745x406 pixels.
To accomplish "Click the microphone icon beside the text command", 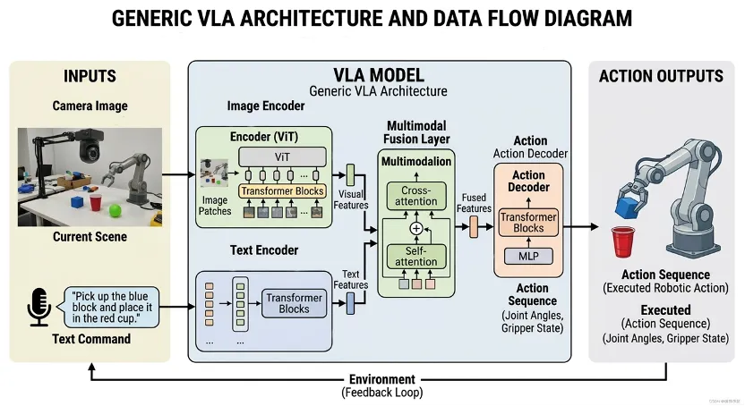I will pos(39,307).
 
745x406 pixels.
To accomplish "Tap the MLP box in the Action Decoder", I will pos(528,256).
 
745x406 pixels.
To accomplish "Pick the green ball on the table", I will pos(115,211).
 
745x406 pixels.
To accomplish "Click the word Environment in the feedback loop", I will pos(382,379).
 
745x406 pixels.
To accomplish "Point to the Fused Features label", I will pos(475,203).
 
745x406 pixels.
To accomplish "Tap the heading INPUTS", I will pos(90,77).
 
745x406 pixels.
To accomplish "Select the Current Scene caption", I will pos(90,237).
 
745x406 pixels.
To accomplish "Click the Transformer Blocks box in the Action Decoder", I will pos(528,222).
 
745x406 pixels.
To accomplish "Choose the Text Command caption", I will pos(90,340).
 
